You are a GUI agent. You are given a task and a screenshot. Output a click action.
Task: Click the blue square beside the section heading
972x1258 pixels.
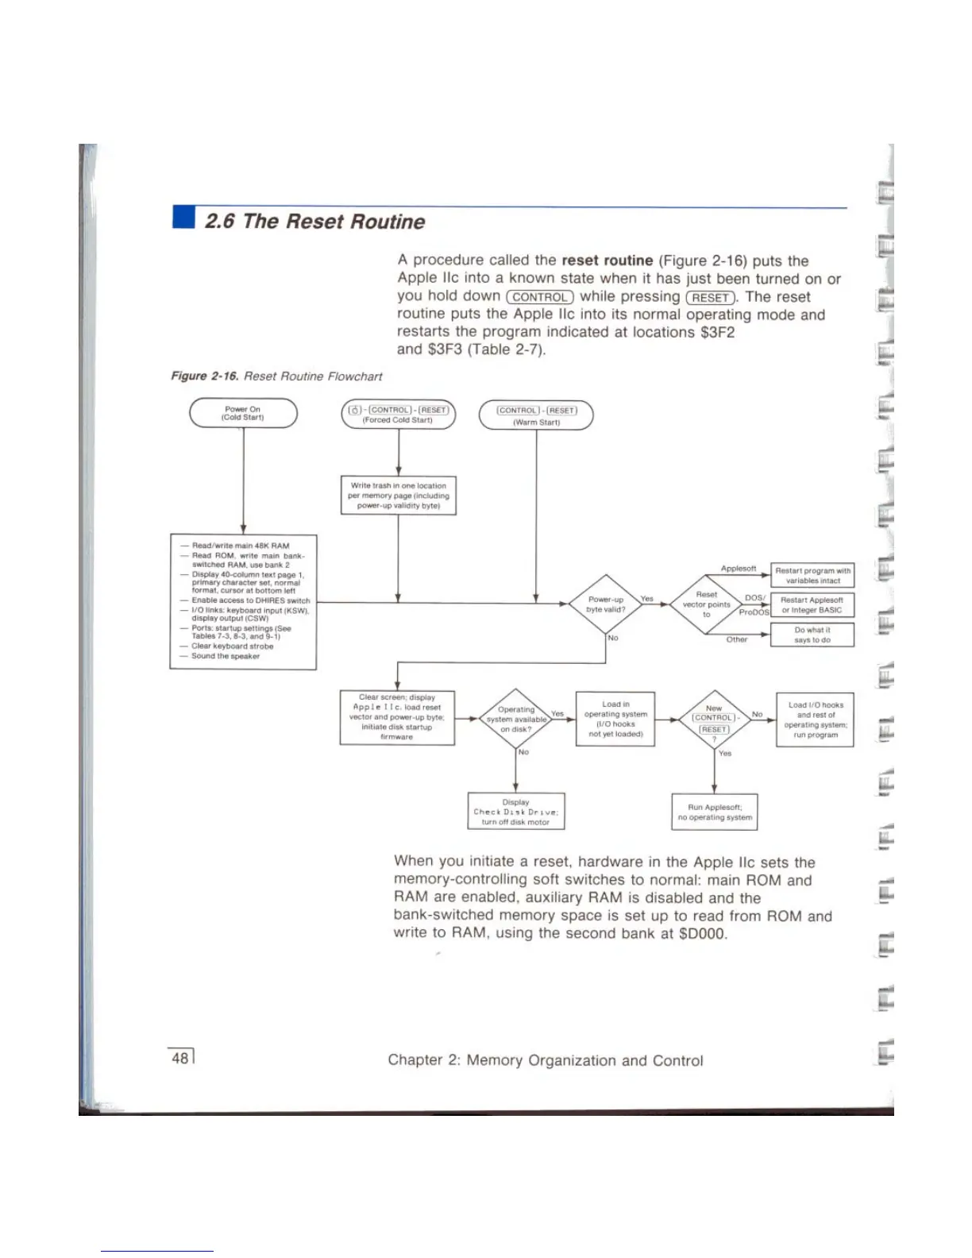coord(183,217)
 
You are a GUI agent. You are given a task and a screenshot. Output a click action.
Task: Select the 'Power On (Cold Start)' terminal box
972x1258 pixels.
coord(243,413)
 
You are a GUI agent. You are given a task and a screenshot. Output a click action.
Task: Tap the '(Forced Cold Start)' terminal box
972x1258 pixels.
coord(398,415)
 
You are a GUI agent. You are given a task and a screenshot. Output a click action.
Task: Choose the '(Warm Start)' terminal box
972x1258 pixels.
coord(536,415)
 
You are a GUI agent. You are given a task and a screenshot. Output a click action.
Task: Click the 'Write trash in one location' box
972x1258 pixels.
coord(399,496)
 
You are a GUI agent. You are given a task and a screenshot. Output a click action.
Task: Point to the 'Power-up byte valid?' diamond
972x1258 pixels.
coord(606,604)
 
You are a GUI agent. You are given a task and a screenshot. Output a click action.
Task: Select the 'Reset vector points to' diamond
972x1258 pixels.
coord(706,604)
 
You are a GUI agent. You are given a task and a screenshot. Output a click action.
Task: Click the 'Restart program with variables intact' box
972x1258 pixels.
coord(812,575)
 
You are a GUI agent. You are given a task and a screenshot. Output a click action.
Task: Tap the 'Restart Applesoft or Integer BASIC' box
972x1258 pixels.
coord(812,605)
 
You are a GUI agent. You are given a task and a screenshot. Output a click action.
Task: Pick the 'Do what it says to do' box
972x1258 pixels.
coord(812,635)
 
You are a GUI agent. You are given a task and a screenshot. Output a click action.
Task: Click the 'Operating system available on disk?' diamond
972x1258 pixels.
coord(516,719)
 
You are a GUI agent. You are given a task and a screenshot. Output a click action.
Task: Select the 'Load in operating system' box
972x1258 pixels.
coord(615,719)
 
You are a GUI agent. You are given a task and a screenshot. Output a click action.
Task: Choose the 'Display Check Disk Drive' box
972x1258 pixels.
coord(516,812)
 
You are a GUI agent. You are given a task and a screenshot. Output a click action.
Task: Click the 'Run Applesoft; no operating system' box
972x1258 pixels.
coord(715,812)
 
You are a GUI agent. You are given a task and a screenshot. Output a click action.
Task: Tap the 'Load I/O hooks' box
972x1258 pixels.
coord(816,720)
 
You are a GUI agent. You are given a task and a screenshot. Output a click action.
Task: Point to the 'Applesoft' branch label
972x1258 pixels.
coord(739,568)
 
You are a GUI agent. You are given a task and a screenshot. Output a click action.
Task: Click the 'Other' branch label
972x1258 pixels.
coord(736,639)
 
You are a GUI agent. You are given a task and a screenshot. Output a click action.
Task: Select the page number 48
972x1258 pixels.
coord(180,1058)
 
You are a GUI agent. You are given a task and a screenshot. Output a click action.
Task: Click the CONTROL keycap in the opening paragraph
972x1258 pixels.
coord(540,297)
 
